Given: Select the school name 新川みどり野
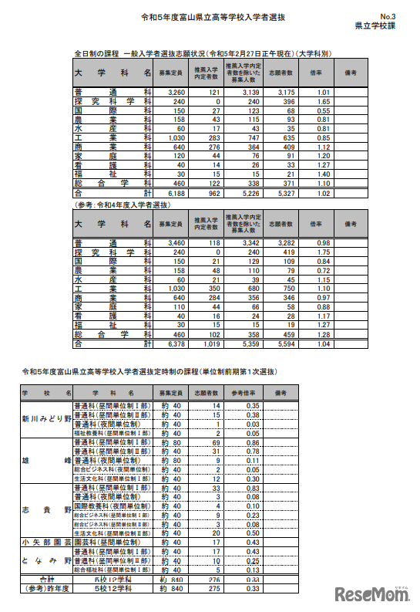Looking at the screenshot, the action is pos(46,419).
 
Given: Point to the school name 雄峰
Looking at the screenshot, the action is pos(46,459).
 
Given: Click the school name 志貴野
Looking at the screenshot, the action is pos(46,510).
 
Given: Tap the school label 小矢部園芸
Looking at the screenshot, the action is pos(46,543).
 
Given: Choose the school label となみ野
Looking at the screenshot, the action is pos(46,561).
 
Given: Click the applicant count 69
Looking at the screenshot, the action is pos(216,442).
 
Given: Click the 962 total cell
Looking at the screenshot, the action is pos(210,194).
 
